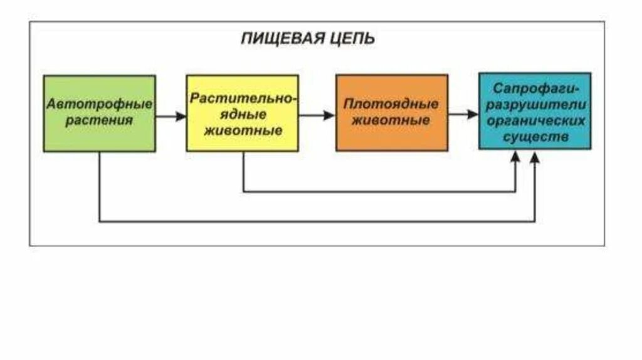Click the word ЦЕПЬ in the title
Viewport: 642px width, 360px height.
pos(353,39)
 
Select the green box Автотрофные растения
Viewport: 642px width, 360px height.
pos(99,114)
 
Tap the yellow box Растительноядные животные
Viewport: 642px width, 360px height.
pos(242,114)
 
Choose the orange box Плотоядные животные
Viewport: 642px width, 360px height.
pos(392,114)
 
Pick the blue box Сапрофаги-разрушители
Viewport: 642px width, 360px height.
pos(535,111)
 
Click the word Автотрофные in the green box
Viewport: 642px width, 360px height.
pos(100,103)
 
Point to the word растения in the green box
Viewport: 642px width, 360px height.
pos(100,120)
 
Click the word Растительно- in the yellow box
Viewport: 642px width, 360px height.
pos(243,99)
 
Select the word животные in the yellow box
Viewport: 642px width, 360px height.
pos(243,132)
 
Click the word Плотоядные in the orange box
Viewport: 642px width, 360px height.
pos(392,103)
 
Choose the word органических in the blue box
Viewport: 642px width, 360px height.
pos(535,119)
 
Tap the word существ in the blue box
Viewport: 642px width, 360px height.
pos(535,135)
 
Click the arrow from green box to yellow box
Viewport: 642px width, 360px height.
pos(171,116)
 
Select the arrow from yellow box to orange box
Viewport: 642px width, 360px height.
pos(317,116)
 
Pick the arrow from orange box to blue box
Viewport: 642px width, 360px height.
pos(463,115)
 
